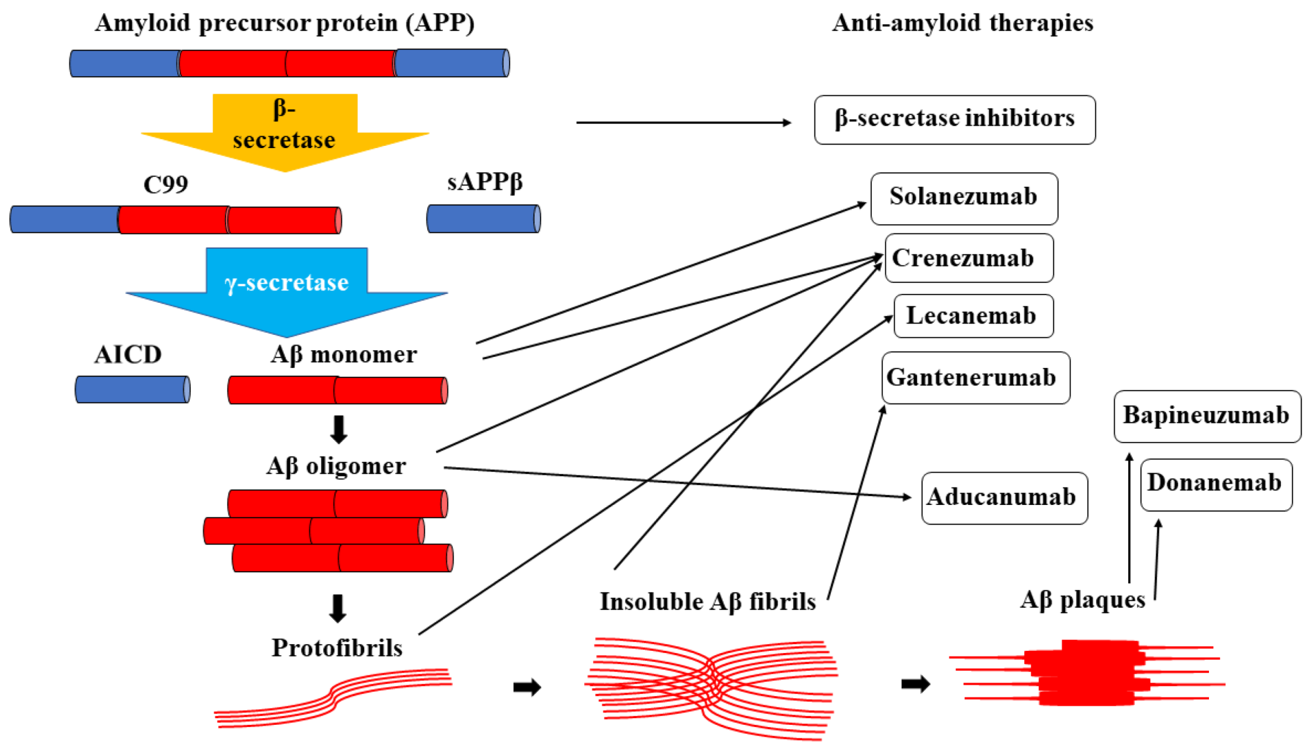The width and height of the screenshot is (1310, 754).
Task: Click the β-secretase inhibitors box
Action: click(954, 119)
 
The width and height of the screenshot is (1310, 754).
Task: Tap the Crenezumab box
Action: click(969, 258)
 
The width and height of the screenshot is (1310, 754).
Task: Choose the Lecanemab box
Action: click(973, 316)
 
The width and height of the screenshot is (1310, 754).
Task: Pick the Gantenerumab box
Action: click(975, 378)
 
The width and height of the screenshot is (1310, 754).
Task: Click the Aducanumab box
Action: click(1004, 498)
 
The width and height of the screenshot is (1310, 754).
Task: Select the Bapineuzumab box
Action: click(1207, 416)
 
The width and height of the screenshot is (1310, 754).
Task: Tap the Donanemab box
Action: click(1216, 484)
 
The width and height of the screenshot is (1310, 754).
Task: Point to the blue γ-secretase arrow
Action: click(286, 292)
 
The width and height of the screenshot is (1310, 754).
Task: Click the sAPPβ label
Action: click(484, 182)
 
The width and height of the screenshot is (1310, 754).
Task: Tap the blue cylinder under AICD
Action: click(132, 389)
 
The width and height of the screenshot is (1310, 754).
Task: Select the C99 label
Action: click(166, 185)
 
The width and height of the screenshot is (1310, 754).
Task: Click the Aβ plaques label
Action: click(1082, 600)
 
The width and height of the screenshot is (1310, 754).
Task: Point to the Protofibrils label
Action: click(337, 648)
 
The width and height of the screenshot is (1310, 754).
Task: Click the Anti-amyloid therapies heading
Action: click(962, 24)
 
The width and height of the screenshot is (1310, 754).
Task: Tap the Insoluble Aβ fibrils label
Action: click(707, 601)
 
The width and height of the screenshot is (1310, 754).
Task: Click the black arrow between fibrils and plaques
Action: click(915, 684)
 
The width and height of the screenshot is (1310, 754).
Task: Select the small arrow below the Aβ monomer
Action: click(338, 429)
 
